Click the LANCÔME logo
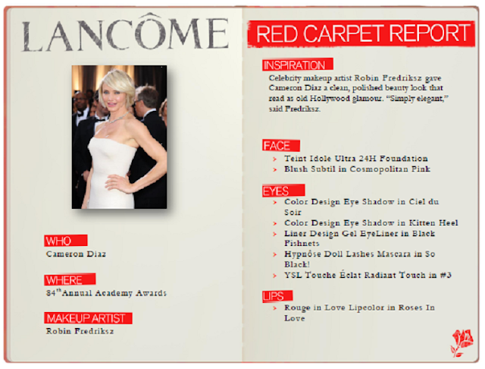pyautogui.click(x=125, y=33)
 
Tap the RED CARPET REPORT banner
pyautogui.click(x=361, y=33)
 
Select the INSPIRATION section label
pyautogui.click(x=298, y=65)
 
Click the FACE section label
pyautogui.click(x=281, y=145)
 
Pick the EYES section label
pyautogui.click(x=283, y=191)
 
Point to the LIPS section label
pyautogui.click(x=277, y=296)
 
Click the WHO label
pyautogui.click(x=66, y=241)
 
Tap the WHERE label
pyautogui.click(x=70, y=279)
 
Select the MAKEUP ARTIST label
pyautogui.click(x=88, y=318)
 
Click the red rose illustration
pyautogui.click(x=462, y=342)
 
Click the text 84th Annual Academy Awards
pyautogui.click(x=106, y=293)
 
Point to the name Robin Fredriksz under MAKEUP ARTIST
pyautogui.click(x=80, y=331)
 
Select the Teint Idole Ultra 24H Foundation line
pyautogui.click(x=356, y=159)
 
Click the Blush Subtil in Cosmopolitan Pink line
pyautogui.click(x=357, y=169)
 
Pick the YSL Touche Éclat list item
pyautogui.click(x=368, y=275)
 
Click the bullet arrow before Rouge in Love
pyautogui.click(x=274, y=308)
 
